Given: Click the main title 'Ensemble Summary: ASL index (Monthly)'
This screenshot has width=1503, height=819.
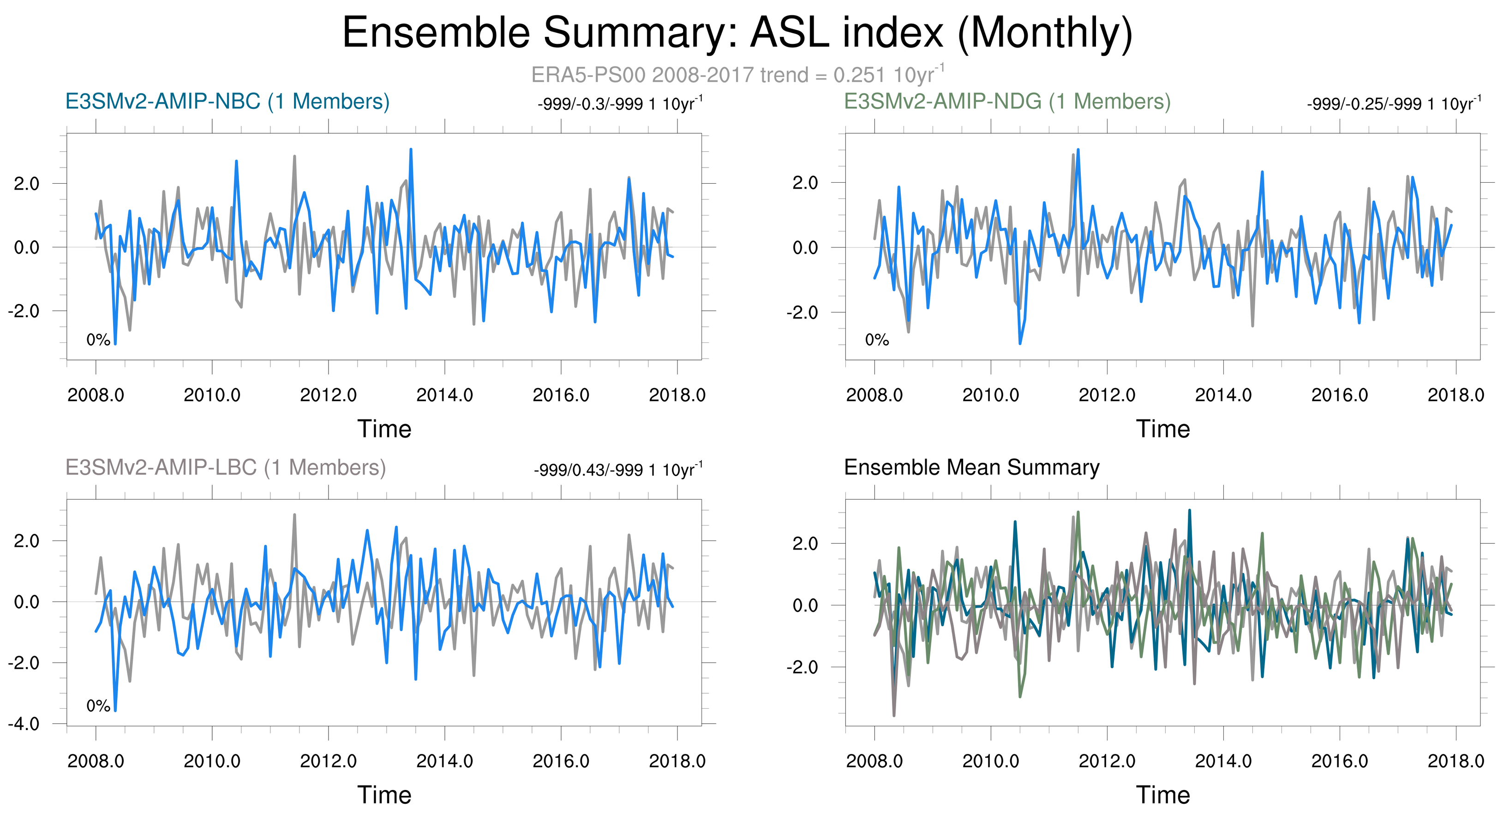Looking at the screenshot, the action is (737, 33).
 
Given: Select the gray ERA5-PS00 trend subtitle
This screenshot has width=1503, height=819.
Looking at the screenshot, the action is (737, 74).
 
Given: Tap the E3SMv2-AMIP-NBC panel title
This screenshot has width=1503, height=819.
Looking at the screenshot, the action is (228, 102).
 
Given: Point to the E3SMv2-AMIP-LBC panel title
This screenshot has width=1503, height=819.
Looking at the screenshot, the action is (226, 467).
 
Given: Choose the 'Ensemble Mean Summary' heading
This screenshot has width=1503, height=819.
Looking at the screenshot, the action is (972, 467).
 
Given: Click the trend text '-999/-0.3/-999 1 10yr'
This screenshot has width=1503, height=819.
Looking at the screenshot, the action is (620, 103).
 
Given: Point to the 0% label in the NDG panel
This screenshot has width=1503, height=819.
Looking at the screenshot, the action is (877, 340).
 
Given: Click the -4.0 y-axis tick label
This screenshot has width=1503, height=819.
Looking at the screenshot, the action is (24, 724).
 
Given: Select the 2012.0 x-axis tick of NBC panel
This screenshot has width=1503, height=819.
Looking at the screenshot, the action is (329, 395).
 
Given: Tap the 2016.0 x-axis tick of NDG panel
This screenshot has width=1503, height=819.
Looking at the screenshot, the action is (1340, 395).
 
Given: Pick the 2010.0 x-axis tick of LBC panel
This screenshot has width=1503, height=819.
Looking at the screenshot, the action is (212, 761).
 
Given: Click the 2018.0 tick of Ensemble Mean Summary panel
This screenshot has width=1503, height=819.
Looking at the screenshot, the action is (1456, 761).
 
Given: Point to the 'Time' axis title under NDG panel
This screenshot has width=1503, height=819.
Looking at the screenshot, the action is (1163, 429).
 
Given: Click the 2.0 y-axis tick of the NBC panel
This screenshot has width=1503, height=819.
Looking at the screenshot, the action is (27, 183).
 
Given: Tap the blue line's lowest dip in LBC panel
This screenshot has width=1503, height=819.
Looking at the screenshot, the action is (115, 711).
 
